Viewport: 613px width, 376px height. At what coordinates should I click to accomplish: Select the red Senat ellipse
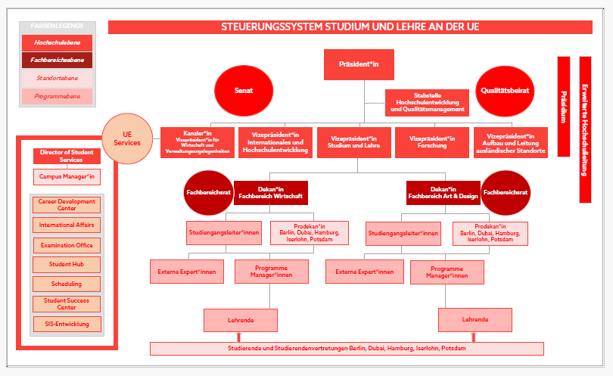coord(244,90)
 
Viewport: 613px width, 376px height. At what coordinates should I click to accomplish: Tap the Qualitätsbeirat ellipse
coord(506,90)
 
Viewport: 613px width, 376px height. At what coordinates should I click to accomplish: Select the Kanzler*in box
coord(198,142)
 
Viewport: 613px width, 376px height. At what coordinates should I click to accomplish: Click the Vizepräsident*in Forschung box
coord(431,142)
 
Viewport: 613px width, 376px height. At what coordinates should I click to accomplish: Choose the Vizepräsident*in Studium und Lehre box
coord(353,142)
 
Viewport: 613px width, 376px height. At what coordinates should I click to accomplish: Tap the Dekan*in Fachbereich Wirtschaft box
coord(270,192)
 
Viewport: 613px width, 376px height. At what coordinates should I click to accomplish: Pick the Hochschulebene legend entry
coord(58,43)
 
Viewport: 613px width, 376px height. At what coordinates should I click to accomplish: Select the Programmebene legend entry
coord(58,96)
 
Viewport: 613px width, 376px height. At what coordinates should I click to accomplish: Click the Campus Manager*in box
coord(67,177)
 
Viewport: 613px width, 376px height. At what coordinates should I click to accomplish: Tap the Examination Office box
coord(67,245)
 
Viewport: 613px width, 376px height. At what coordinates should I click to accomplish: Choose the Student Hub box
coord(67,265)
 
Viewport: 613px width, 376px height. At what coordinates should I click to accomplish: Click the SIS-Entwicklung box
coord(67,324)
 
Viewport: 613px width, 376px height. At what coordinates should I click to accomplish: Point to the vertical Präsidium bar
coord(563,106)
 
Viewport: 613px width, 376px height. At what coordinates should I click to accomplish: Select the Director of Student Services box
coord(67,156)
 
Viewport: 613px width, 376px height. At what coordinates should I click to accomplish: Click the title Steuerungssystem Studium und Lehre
coord(350,27)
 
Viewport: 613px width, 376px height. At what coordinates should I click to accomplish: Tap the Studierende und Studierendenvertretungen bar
coord(347,349)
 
